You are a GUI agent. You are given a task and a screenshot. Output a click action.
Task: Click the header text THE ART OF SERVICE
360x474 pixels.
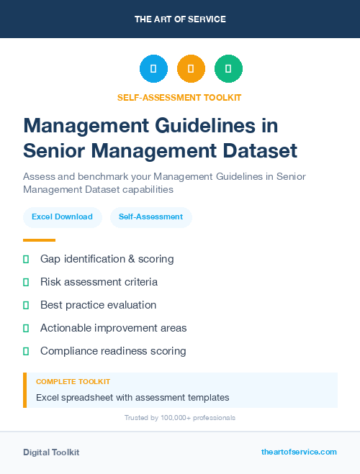click(180, 19)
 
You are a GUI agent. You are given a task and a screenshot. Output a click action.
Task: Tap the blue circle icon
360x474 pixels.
click(153, 69)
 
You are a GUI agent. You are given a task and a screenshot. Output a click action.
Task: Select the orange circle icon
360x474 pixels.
click(191, 69)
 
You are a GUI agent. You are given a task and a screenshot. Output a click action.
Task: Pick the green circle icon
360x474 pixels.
click(228, 69)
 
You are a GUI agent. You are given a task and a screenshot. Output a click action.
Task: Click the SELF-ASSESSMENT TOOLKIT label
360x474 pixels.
click(179, 98)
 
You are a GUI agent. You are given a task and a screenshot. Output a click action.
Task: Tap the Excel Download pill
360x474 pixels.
click(62, 217)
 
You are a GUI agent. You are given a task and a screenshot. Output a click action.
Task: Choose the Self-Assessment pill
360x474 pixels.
click(150, 217)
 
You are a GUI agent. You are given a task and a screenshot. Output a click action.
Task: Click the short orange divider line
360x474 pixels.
click(39, 240)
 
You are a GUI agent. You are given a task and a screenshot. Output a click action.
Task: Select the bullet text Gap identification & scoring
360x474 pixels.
click(107, 259)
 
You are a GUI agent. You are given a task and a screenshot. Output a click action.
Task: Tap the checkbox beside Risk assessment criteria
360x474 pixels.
click(26, 282)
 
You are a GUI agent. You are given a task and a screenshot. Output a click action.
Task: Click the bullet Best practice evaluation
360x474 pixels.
click(98, 305)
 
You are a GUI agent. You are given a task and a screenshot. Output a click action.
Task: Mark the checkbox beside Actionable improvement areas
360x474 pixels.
click(26, 328)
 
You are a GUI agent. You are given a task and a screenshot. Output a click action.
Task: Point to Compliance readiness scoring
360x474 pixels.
click(113, 351)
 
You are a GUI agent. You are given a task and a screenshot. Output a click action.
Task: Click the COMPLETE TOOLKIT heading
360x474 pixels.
click(73, 382)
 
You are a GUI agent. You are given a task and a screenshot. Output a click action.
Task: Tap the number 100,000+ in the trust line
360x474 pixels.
click(171, 418)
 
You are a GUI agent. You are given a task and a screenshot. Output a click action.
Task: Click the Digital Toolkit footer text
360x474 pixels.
click(51, 452)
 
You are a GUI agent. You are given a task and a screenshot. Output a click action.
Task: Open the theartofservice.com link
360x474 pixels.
click(299, 452)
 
